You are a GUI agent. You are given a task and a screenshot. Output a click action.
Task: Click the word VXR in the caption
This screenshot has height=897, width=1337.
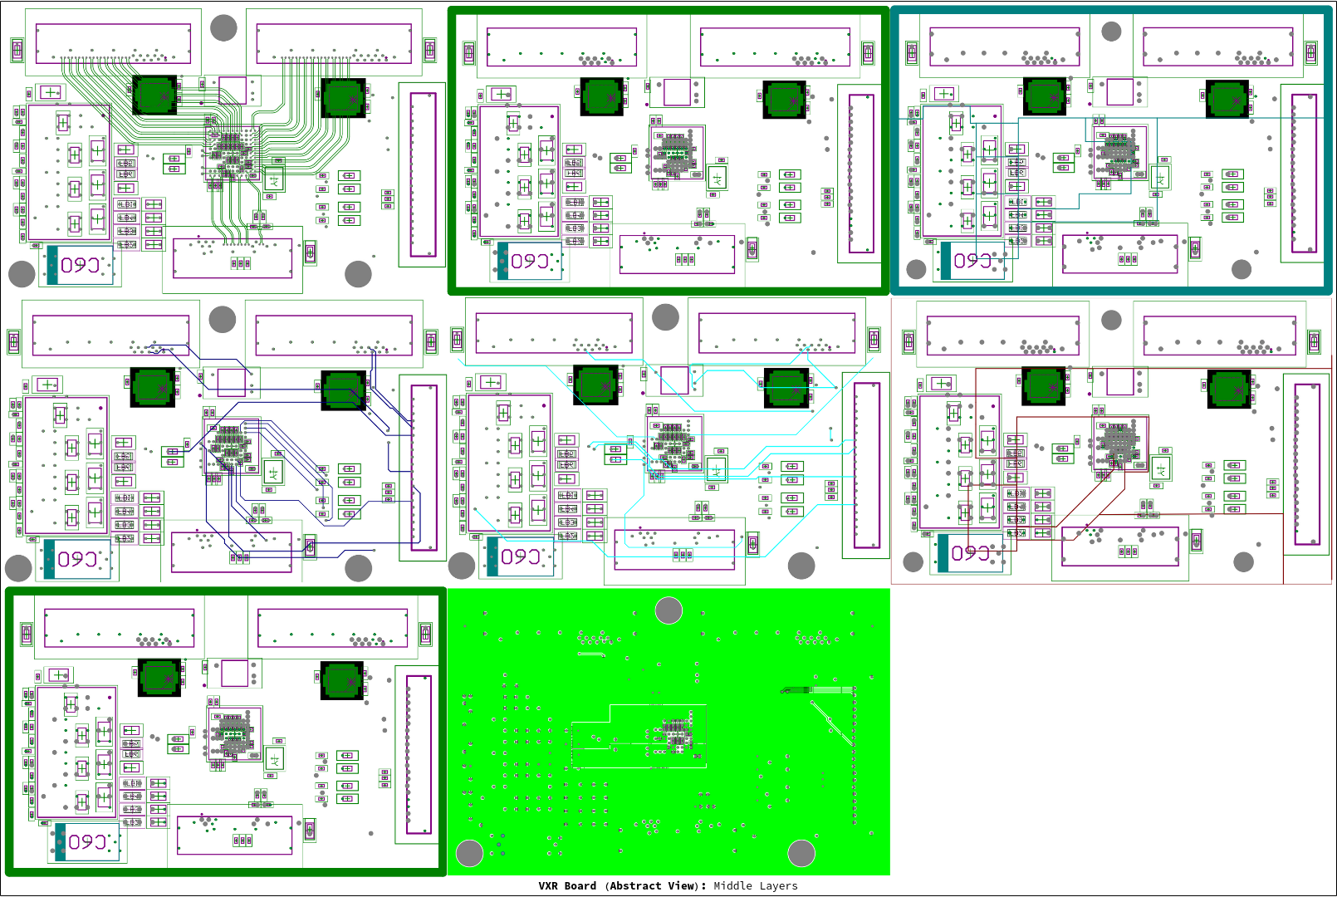pyautogui.click(x=548, y=885)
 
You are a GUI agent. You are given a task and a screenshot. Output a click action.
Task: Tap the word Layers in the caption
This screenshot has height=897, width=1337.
pyautogui.click(x=778, y=885)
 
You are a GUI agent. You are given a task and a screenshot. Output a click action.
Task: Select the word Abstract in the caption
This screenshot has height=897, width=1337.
pyautogui.click(x=635, y=885)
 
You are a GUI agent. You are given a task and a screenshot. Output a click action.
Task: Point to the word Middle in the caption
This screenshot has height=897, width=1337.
pyautogui.click(x=733, y=885)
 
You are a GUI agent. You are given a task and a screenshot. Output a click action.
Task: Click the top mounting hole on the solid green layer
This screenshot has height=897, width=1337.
pyautogui.click(x=668, y=610)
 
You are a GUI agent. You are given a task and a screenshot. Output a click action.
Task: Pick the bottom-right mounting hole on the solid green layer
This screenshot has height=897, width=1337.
pyautogui.click(x=801, y=853)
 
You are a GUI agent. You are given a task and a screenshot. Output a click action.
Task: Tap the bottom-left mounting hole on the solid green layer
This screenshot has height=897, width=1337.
pyautogui.click(x=469, y=853)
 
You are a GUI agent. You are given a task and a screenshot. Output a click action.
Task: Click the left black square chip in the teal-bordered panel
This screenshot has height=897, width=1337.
pyautogui.click(x=1045, y=97)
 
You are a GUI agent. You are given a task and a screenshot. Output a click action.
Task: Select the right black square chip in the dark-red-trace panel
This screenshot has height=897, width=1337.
pyautogui.click(x=1229, y=388)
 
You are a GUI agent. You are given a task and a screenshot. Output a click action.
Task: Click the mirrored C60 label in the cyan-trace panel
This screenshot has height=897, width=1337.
pyautogui.click(x=521, y=556)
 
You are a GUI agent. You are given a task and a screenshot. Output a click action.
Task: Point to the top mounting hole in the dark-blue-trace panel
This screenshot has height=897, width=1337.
pyautogui.click(x=223, y=320)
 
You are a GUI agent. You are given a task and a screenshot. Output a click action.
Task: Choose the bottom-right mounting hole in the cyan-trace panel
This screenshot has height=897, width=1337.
pyautogui.click(x=801, y=566)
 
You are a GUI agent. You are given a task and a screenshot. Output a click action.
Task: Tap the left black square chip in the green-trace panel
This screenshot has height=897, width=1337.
pyautogui.click(x=154, y=96)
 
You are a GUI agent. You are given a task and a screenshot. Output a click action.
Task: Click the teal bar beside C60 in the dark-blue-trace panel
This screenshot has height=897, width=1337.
pyautogui.click(x=50, y=559)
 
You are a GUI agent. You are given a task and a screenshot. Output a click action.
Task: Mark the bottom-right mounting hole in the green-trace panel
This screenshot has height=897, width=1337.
pyautogui.click(x=358, y=273)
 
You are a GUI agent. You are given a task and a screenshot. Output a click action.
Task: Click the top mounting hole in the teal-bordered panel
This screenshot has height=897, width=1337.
pyautogui.click(x=1111, y=32)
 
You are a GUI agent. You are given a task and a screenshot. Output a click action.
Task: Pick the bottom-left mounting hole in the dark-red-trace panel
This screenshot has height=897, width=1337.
pyautogui.click(x=913, y=562)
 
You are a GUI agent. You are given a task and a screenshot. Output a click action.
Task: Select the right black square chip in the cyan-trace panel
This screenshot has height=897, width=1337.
pyautogui.click(x=786, y=388)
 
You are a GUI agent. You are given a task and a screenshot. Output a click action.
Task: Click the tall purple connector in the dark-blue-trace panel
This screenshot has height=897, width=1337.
pyautogui.click(x=424, y=468)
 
